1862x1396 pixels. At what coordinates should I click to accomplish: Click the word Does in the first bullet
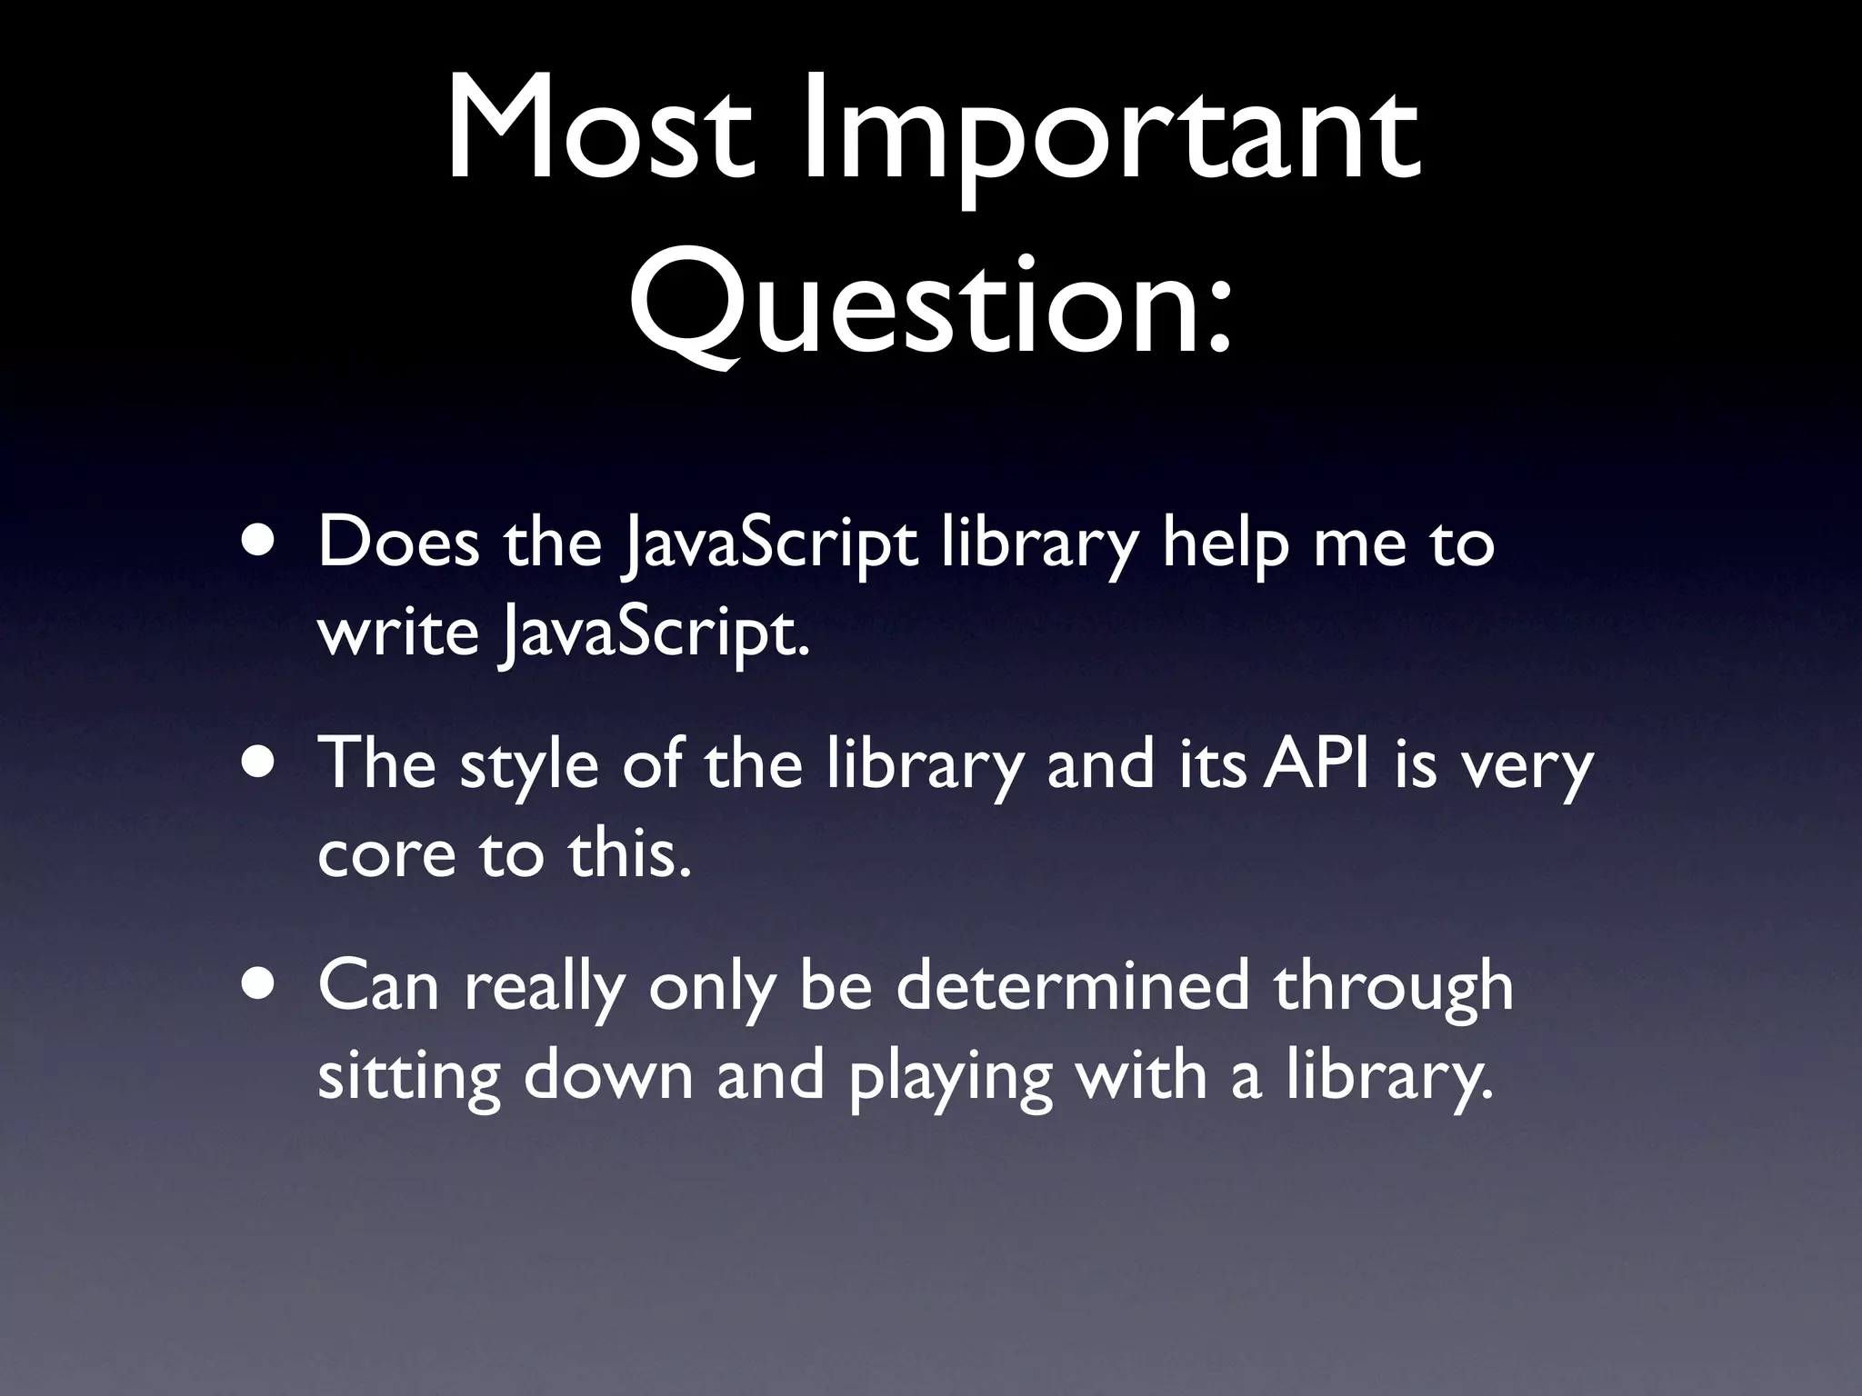coord(398,542)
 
